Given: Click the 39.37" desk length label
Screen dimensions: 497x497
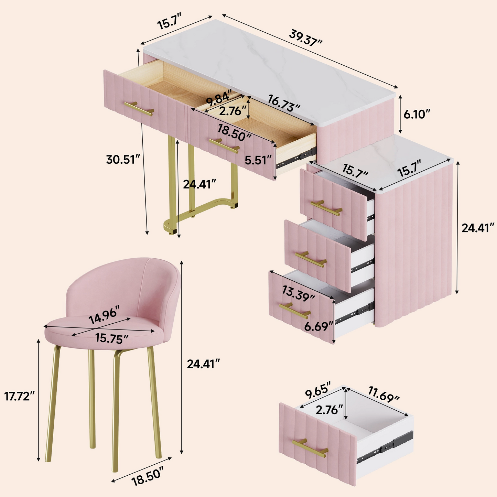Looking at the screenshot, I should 306,37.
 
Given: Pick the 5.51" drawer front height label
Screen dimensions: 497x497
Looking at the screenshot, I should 258,160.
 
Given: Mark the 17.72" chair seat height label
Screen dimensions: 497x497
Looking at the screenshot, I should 19,396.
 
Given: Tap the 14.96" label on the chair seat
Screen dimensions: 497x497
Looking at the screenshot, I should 104,315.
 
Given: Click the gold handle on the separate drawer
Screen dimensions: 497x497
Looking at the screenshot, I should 310,448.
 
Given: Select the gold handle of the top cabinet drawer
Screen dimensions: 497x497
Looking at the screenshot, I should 326,208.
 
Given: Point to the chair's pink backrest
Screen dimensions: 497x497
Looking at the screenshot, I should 131,285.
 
